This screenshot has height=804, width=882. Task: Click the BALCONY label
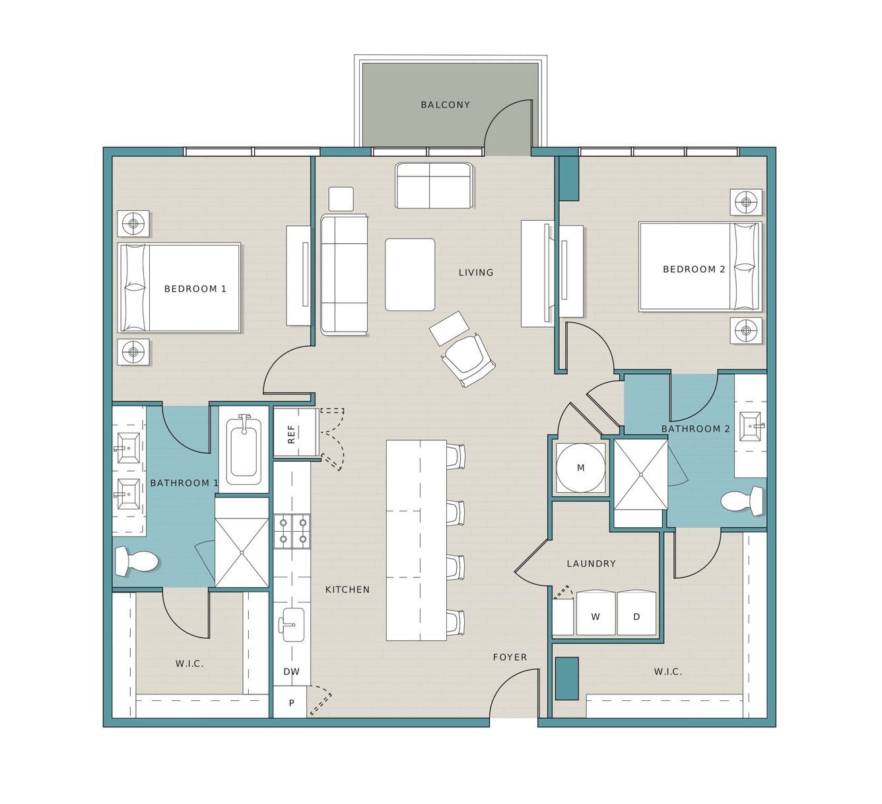445,105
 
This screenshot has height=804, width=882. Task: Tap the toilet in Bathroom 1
136,561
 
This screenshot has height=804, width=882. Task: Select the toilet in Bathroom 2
742,501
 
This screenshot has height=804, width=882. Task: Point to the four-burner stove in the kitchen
292,531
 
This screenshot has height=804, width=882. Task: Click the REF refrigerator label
291,434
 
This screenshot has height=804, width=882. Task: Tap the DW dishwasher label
291,671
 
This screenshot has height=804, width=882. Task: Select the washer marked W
595,612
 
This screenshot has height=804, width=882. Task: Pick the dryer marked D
636,612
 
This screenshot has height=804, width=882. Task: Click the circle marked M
580,467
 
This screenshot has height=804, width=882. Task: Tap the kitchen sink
292,624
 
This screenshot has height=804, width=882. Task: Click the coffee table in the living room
410,275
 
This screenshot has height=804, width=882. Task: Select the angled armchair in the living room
468,359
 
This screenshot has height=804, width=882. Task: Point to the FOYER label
510,657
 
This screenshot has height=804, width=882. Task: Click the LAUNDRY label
591,564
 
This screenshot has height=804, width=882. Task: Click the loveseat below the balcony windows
434,185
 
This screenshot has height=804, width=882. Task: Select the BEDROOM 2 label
694,269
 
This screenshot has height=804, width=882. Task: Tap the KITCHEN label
347,589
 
